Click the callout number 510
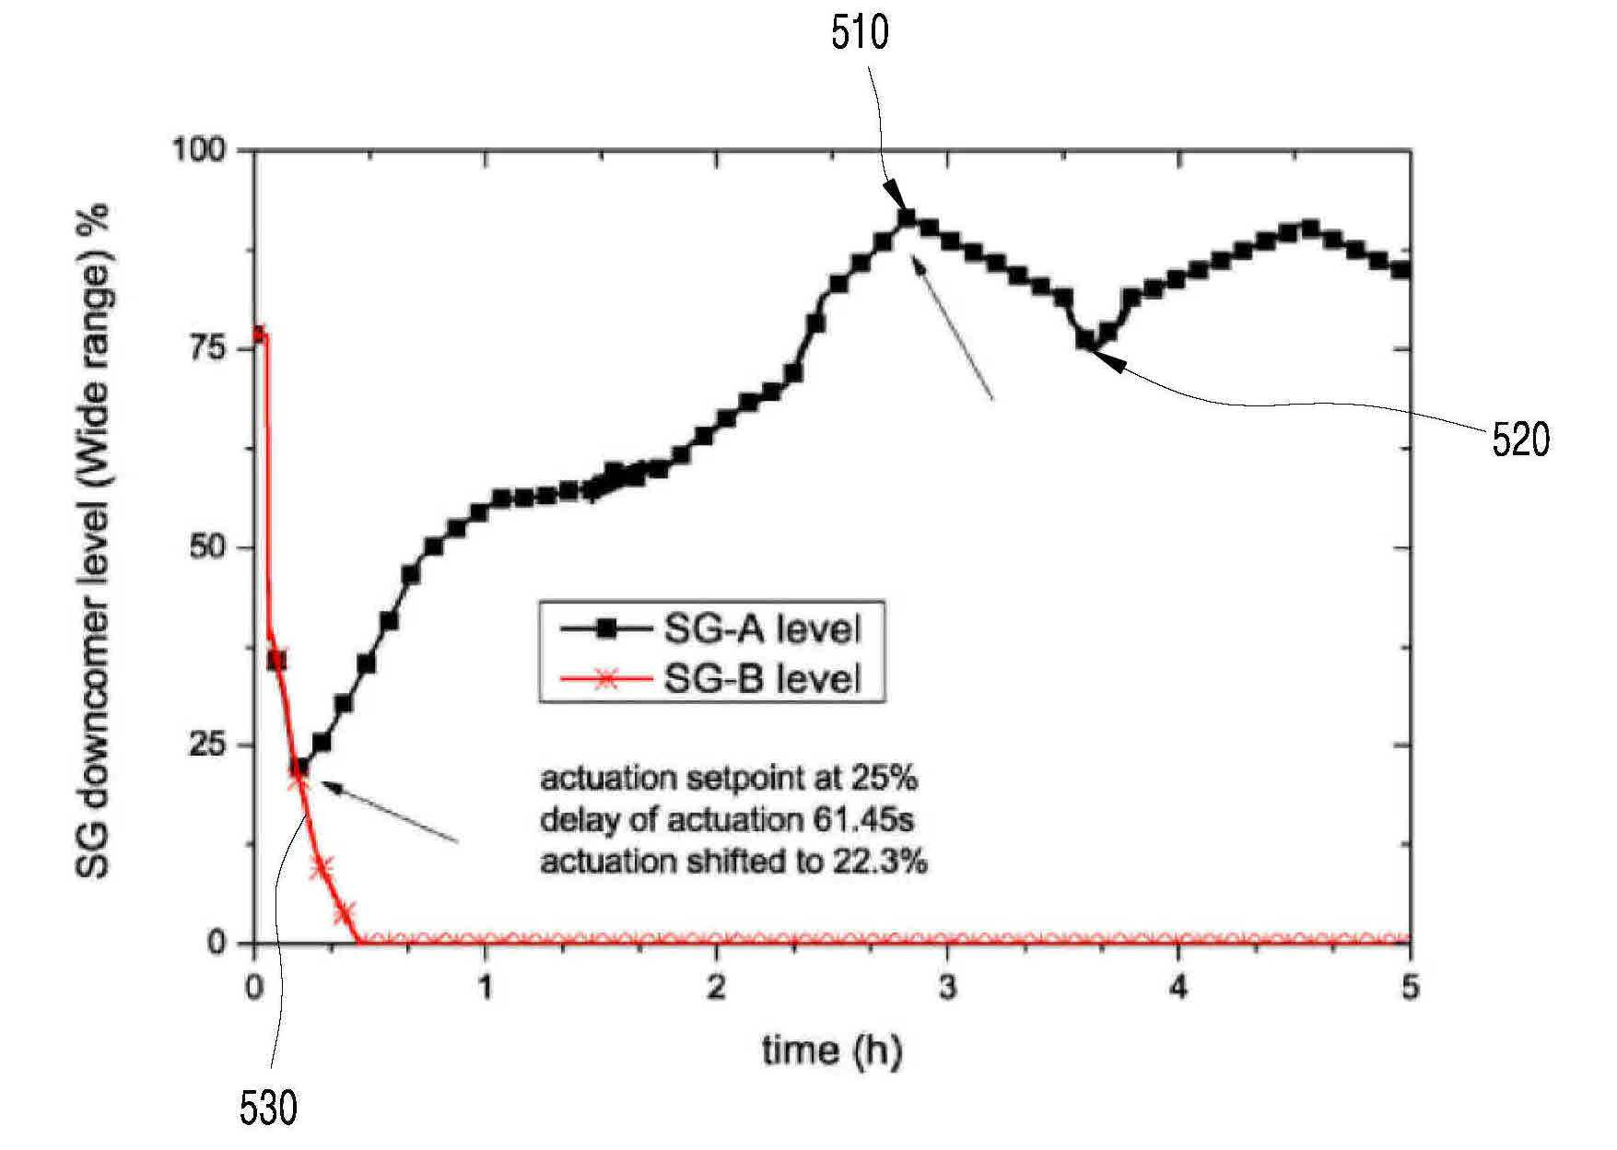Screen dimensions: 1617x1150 pyautogui.click(x=860, y=33)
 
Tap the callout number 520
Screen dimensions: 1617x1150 pyautogui.click(x=1520, y=440)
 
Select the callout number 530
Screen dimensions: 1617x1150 pyautogui.click(x=268, y=1109)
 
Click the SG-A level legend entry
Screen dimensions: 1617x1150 pyautogui.click(x=710, y=630)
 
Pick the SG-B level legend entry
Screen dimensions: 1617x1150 pyautogui.click(x=710, y=679)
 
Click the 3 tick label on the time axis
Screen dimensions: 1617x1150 pyautogui.click(x=948, y=989)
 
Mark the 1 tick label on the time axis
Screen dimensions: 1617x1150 pyautogui.click(x=486, y=989)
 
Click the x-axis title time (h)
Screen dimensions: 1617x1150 pyautogui.click(x=831, y=1050)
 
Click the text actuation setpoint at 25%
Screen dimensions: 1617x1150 pyautogui.click(x=729, y=779)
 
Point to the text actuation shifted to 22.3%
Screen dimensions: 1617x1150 pyautogui.click(x=733, y=862)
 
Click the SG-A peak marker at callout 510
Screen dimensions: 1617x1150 pyautogui.click(x=906, y=218)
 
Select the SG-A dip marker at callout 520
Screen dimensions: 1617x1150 pyautogui.click(x=1085, y=341)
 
